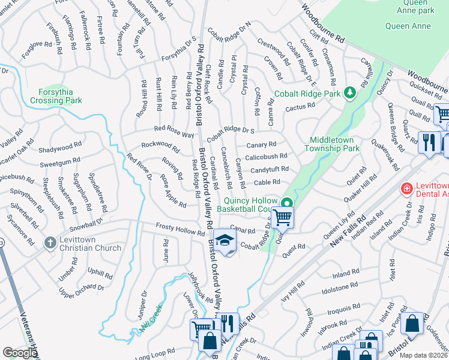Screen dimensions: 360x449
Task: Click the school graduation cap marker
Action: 224,241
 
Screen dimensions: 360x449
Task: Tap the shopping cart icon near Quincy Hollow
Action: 282,218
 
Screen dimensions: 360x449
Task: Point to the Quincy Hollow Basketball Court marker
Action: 288,203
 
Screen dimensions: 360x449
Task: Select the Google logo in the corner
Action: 20,353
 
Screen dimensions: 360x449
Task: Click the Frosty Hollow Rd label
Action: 180,229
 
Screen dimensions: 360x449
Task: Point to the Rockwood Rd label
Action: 160,145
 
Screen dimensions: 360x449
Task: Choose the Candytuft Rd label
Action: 270,170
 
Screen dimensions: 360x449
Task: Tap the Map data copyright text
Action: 423,355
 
